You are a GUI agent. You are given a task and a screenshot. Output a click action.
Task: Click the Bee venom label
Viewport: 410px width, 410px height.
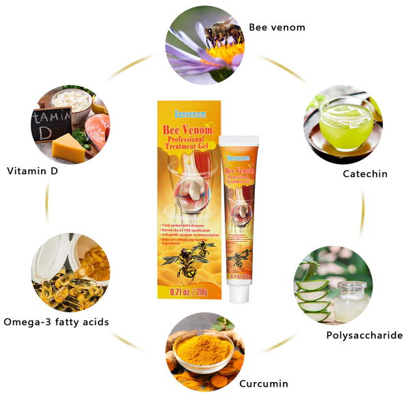click(277, 27)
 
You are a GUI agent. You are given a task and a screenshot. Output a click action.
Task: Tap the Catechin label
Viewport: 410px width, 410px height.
click(365, 174)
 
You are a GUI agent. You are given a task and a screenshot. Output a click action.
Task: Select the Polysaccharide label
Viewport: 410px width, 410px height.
click(364, 336)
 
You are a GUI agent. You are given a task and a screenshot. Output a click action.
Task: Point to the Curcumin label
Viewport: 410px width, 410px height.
click(263, 383)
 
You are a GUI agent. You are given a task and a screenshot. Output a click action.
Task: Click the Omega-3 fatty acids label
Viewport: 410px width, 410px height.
click(56, 322)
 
